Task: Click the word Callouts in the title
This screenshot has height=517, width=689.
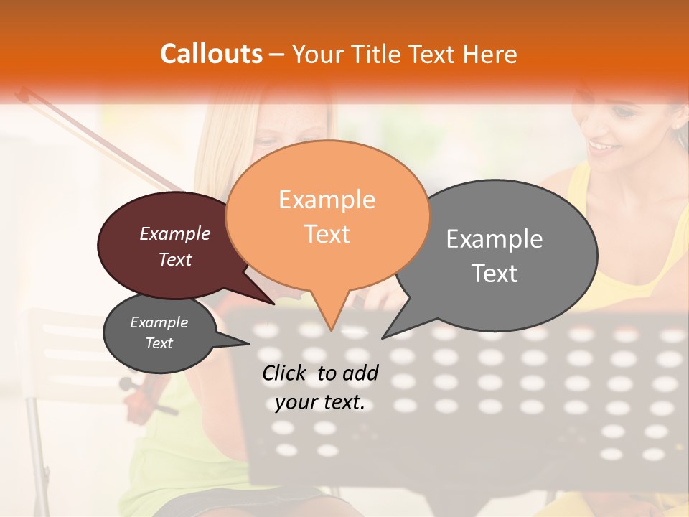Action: point(211,54)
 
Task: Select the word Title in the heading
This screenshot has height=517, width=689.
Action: point(377,54)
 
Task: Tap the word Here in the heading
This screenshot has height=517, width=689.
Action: point(489,54)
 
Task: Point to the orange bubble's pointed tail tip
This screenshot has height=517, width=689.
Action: point(330,330)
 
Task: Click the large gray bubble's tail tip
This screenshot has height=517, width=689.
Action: point(383,337)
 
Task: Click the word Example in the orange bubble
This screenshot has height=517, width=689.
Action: point(327,200)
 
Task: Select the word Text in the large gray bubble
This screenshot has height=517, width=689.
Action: point(495,274)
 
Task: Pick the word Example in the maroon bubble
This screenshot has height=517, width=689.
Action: point(175,233)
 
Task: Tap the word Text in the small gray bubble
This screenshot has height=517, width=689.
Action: point(159,343)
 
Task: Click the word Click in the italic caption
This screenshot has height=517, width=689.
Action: point(286,373)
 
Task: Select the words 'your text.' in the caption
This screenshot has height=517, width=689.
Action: point(320,403)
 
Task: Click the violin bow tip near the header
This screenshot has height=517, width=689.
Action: point(22,91)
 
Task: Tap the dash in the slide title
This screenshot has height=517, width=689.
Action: point(277,55)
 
